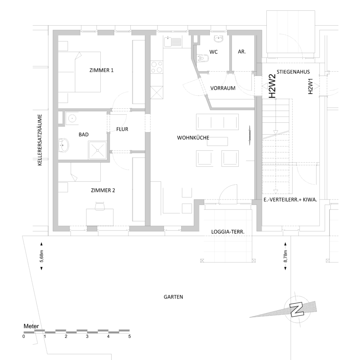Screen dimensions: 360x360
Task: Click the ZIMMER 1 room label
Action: pyautogui.click(x=102, y=70)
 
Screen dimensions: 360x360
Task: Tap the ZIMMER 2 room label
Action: pyautogui.click(x=103, y=190)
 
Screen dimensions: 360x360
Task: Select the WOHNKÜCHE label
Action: pyautogui.click(x=193, y=138)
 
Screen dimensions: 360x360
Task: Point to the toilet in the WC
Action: pyautogui.click(x=203, y=58)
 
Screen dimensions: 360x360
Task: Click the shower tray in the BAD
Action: pyautogui.click(x=98, y=150)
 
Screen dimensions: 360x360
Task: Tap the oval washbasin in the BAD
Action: pyautogui.click(x=64, y=145)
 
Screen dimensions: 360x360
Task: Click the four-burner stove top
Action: pyautogui.click(x=157, y=67)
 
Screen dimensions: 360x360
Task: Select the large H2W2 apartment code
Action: pyautogui.click(x=272, y=86)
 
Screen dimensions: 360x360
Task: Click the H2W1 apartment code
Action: pyautogui.click(x=310, y=86)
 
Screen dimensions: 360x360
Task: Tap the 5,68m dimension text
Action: pyautogui.click(x=42, y=256)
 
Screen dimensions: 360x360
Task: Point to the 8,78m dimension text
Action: pyautogui.click(x=285, y=256)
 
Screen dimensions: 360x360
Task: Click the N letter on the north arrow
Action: pyautogui.click(x=297, y=310)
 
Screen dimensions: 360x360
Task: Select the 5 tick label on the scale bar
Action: pyautogui.click(x=130, y=336)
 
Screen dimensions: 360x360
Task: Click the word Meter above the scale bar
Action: pyautogui.click(x=31, y=326)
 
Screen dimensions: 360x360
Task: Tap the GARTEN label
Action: pyautogui.click(x=173, y=297)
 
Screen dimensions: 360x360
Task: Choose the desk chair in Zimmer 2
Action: pyautogui.click(x=100, y=206)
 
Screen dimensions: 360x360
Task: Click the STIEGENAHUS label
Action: pyautogui.click(x=293, y=72)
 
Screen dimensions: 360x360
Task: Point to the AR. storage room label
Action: pyautogui.click(x=242, y=52)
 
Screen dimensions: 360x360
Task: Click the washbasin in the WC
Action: pyautogui.click(x=218, y=39)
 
